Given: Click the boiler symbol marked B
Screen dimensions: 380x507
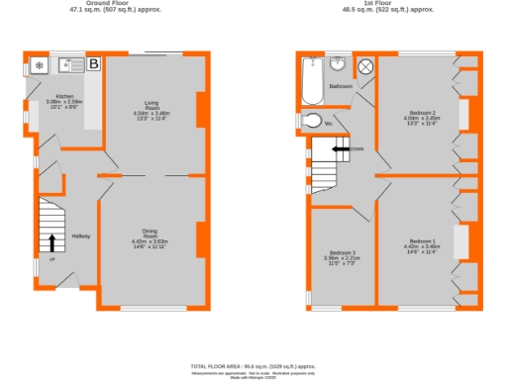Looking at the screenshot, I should point(94,65).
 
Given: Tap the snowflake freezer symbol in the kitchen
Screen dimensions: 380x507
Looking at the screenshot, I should point(39,66).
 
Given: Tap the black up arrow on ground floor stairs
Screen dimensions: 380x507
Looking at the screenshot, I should point(51,242).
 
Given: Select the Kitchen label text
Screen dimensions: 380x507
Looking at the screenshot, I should point(51,96).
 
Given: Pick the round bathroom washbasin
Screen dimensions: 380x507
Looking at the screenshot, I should point(339,63).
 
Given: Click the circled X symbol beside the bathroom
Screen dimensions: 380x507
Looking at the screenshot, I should point(365,66).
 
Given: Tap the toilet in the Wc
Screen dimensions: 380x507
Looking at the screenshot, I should point(311,122).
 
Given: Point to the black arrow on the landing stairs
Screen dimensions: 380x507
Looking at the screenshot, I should point(341,148).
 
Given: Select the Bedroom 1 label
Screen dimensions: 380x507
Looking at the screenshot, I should point(423,242).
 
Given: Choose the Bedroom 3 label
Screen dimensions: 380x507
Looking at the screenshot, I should point(343,254).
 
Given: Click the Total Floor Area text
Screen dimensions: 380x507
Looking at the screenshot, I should point(253,366).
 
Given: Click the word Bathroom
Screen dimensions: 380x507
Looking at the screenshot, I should point(342,86).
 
